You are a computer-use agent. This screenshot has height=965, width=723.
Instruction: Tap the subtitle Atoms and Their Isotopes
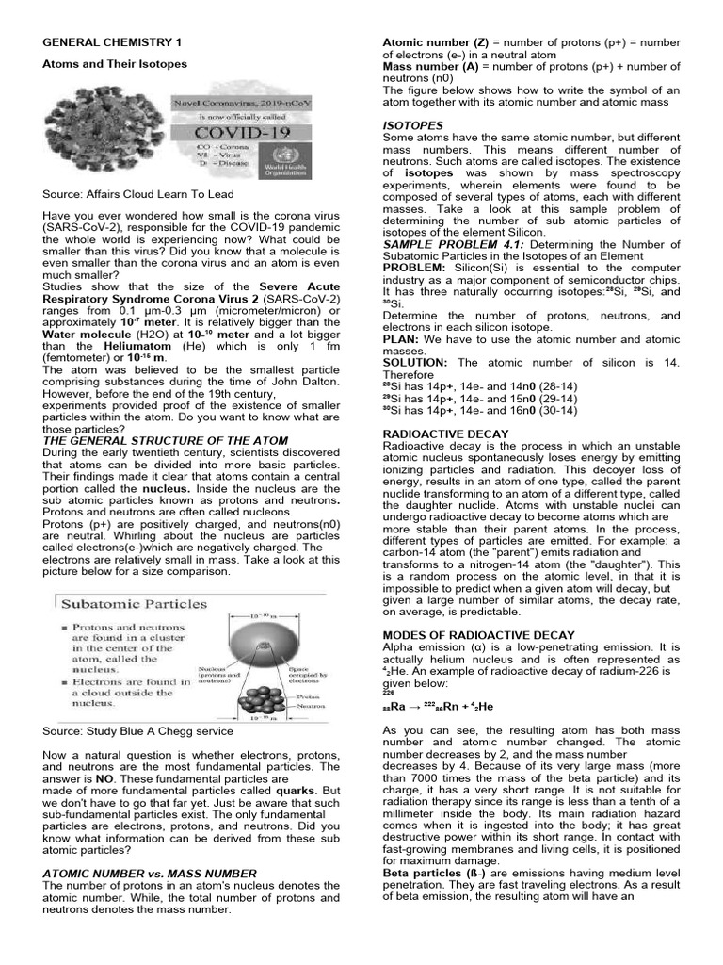(x=115, y=64)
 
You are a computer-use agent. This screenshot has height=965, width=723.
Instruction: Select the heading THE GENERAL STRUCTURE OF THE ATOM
(x=166, y=440)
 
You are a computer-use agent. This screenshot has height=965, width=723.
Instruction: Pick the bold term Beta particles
(x=419, y=873)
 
